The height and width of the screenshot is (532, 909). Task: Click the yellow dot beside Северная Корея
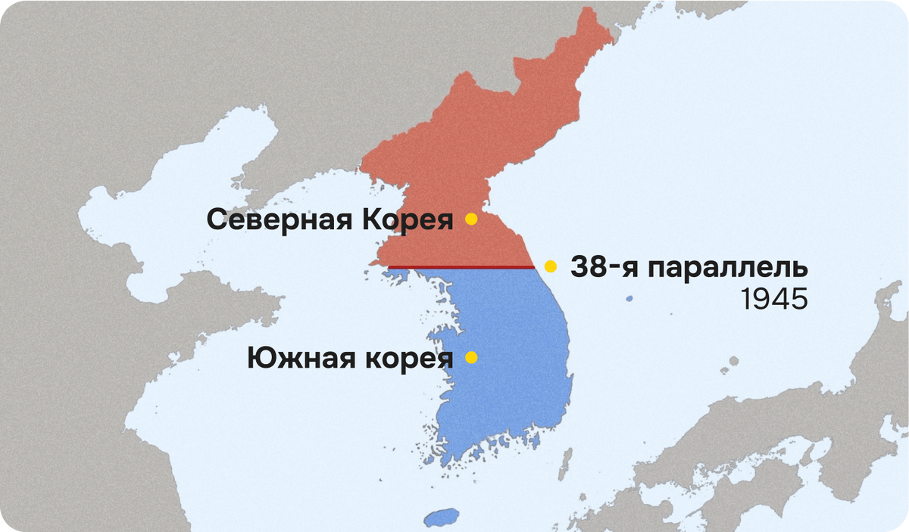471,219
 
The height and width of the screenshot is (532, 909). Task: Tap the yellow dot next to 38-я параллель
551,266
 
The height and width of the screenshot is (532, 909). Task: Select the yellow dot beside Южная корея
471,357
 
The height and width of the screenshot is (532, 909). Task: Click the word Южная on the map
296,358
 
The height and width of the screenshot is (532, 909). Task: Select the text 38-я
598,268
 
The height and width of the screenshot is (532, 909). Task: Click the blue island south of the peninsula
442,518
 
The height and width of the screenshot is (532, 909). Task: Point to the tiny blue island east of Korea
629,299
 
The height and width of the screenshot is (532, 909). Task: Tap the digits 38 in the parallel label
584,268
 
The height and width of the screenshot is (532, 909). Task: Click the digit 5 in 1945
798,300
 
